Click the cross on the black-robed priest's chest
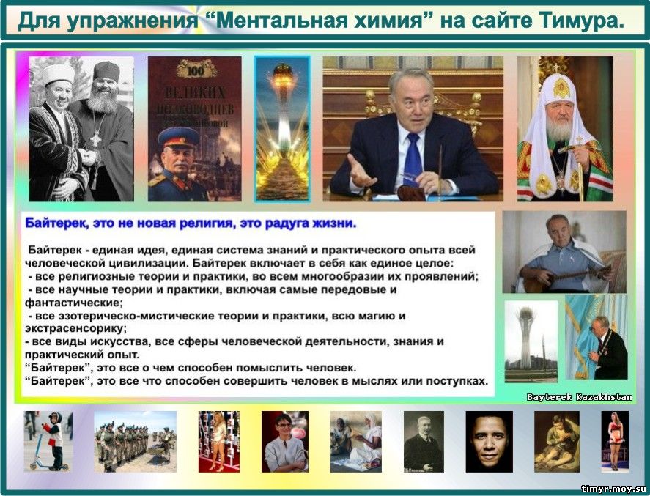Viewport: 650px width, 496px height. [95, 140]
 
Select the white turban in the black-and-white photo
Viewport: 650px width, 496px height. [58, 74]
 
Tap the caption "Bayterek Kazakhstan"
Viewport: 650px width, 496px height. [579, 397]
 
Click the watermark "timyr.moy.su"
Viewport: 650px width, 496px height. [613, 489]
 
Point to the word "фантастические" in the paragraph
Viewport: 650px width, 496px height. [74, 303]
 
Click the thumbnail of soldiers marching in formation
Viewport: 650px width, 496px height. [135, 442]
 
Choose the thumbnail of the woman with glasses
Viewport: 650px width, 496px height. [285, 442]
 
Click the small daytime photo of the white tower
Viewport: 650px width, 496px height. [531, 341]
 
